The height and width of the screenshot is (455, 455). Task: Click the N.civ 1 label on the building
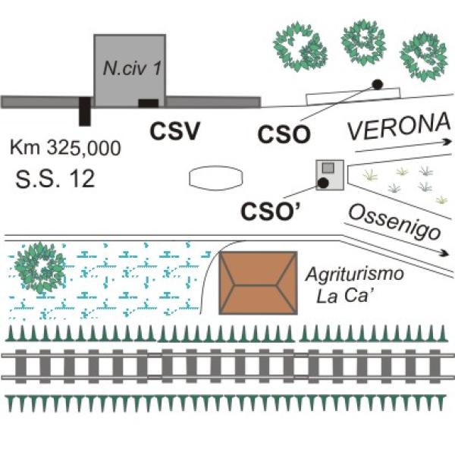tap(132, 69)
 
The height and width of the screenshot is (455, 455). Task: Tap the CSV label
tap(175, 131)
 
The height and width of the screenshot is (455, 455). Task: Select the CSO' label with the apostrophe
tap(271, 211)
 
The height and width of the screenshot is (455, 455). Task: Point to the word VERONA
tap(399, 127)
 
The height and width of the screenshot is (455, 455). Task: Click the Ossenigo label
tap(394, 222)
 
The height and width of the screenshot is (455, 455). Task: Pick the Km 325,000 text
tap(65, 148)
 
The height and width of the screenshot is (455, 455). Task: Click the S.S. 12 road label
tap(55, 178)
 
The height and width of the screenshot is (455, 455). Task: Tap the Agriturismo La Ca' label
tap(355, 285)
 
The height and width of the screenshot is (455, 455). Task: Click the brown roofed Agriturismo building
tap(258, 283)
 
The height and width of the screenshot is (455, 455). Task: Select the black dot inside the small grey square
tap(323, 183)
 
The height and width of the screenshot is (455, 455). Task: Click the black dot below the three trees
tap(377, 84)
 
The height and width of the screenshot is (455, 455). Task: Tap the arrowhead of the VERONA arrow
tap(447, 143)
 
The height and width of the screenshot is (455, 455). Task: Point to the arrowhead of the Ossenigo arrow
tap(447, 253)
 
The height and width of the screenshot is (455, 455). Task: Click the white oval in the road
tap(216, 178)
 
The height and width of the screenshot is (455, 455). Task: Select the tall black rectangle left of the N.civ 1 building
tap(85, 111)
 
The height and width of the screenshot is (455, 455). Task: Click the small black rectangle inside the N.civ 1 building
tap(149, 103)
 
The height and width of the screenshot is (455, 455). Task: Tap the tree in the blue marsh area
tap(41, 268)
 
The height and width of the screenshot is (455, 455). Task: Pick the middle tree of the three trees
tap(364, 41)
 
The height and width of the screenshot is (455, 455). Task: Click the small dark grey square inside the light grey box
tap(328, 168)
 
